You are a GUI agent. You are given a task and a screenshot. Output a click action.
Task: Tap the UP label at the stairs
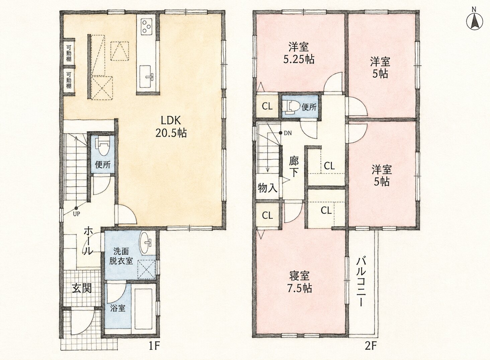[x=76, y=214]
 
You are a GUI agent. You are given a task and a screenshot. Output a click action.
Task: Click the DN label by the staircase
[x=288, y=133]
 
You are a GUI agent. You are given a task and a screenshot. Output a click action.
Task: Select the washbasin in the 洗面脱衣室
[x=146, y=243]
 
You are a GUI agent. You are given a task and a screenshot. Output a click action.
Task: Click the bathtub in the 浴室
[x=143, y=309]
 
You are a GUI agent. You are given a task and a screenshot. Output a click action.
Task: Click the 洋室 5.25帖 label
[x=299, y=53]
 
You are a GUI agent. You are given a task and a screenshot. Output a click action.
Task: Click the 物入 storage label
[x=267, y=188]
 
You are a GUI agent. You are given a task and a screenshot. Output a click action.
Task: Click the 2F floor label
[x=370, y=346]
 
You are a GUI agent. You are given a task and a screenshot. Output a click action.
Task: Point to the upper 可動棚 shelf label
[x=69, y=53]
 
